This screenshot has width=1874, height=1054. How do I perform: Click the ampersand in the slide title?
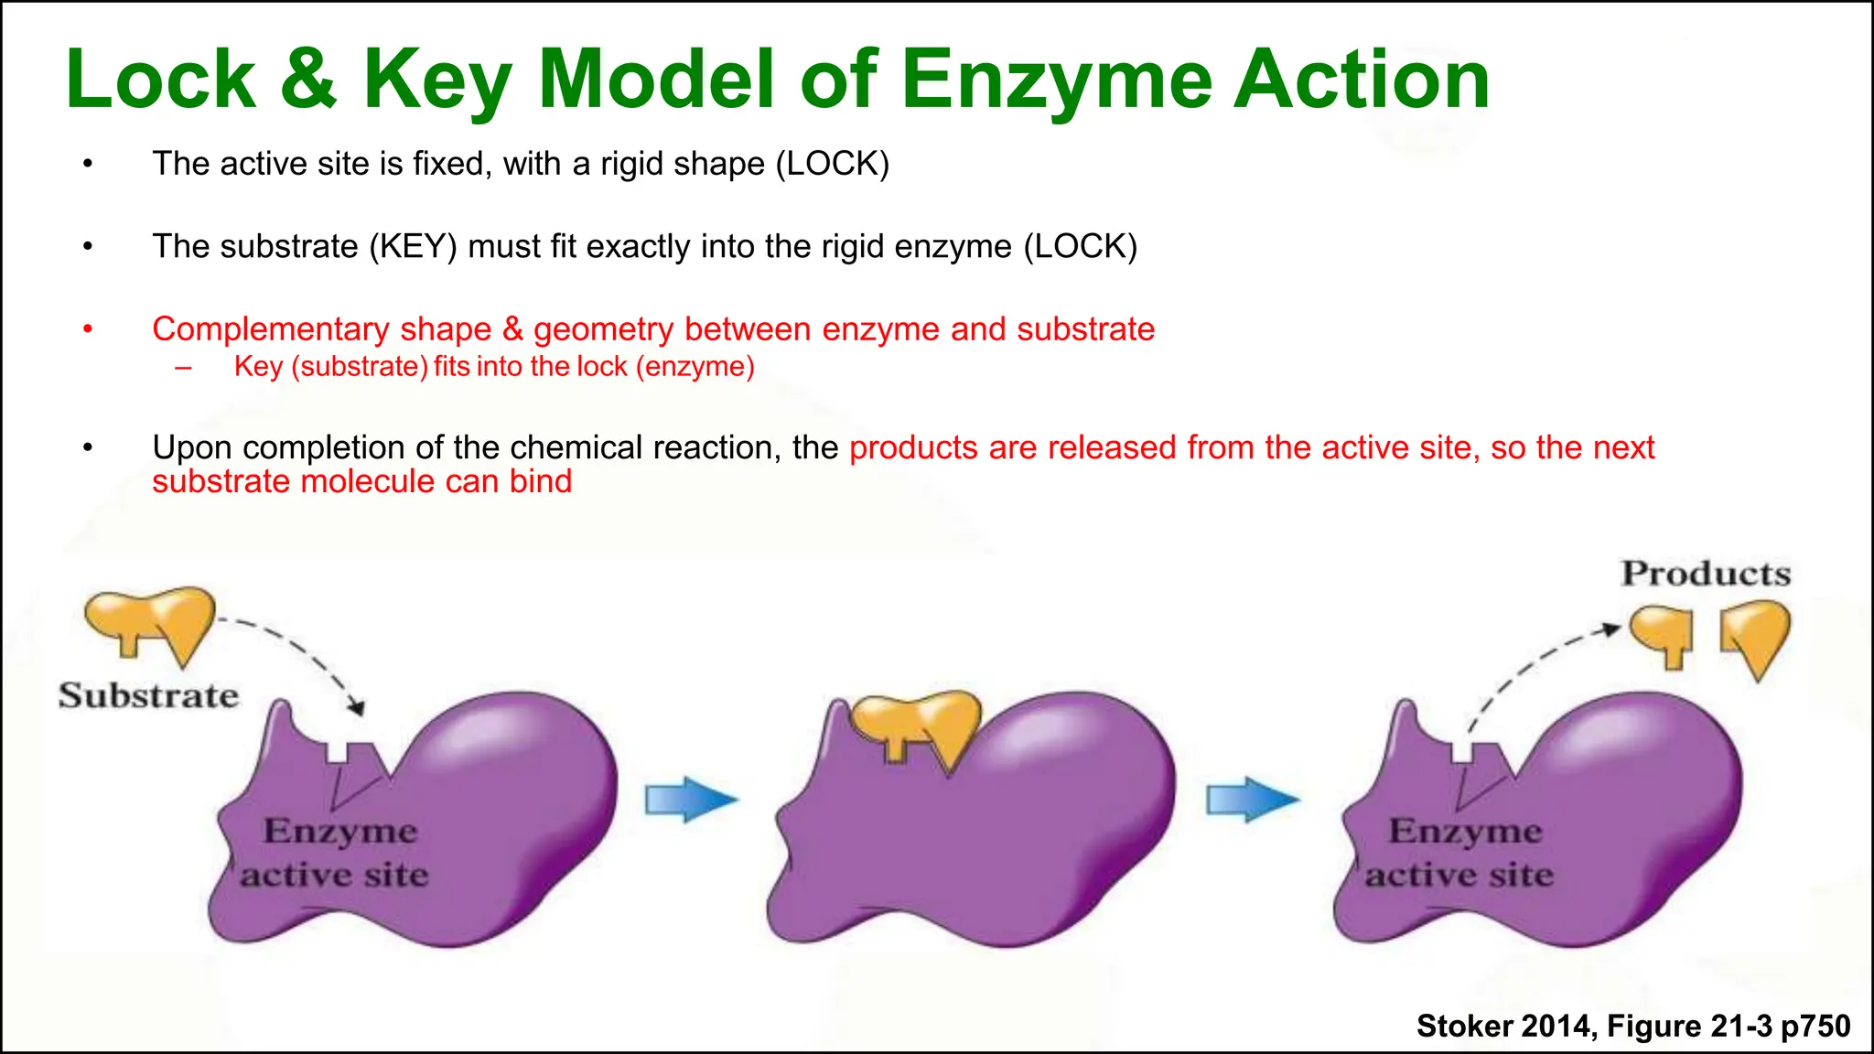(308, 80)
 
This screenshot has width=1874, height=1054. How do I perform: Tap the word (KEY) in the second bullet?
(413, 247)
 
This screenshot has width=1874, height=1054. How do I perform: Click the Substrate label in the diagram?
(148, 696)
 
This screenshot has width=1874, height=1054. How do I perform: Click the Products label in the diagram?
(1706, 574)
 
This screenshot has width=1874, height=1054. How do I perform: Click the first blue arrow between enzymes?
(690, 800)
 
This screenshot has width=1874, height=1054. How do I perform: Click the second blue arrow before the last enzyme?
(1251, 800)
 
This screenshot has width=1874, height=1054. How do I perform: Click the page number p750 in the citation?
(1815, 1026)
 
